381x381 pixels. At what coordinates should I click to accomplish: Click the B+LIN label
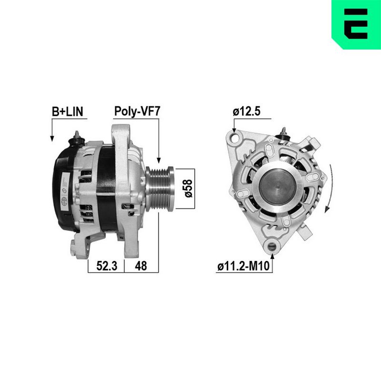point(68,111)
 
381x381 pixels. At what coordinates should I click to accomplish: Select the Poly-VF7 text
point(137,111)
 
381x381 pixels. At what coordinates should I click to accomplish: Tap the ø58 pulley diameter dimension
point(189,189)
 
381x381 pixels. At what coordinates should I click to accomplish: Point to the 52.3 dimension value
point(107,266)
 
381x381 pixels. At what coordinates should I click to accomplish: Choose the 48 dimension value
point(141,266)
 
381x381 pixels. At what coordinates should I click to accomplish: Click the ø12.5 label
point(246,111)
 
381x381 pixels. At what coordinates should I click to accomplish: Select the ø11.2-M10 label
point(243,266)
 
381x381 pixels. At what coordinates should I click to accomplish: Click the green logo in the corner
point(356,25)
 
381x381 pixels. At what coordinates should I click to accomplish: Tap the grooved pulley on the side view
point(160,189)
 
